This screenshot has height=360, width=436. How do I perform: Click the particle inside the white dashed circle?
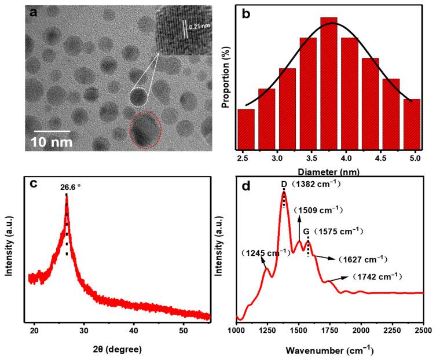138,96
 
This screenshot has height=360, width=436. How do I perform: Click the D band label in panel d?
284,184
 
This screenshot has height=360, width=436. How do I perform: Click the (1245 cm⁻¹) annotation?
266,253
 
